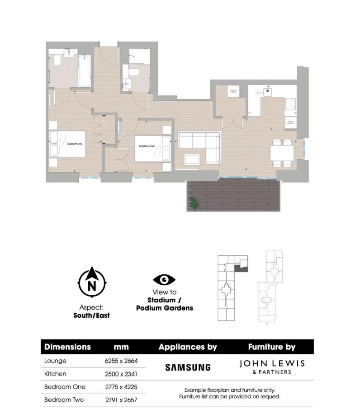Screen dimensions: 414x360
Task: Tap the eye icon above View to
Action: click(164, 280)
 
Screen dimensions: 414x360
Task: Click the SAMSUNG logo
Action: click(188, 367)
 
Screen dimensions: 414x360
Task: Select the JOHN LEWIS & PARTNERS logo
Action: click(272, 367)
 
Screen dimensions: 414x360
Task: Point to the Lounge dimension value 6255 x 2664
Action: click(121, 361)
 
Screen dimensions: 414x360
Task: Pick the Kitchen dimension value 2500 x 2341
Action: click(121, 374)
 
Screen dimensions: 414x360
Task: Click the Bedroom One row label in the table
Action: click(65, 387)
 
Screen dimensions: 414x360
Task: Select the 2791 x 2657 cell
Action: click(121, 400)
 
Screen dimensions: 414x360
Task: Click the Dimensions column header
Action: click(67, 347)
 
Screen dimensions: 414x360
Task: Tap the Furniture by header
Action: click(271, 347)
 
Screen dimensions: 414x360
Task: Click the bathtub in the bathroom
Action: click(84, 71)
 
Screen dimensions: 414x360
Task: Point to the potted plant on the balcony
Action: click(193, 202)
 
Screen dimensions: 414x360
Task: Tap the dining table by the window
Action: click(282, 153)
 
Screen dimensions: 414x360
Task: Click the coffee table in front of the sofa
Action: click(192, 159)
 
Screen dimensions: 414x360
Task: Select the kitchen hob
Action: click(290, 105)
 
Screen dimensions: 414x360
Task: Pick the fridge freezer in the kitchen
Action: click(290, 122)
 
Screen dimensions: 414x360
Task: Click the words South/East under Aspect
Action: click(91, 315)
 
